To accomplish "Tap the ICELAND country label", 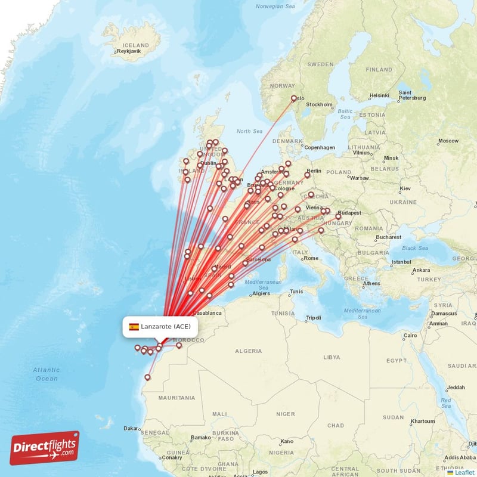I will click(135, 45).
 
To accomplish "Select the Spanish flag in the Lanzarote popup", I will click(134, 327).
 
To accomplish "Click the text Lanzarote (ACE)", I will click(166, 327).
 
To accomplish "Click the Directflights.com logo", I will click(45, 448).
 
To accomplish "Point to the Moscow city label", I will click(448, 141).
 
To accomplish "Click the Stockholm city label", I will click(319, 104).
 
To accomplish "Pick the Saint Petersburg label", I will click(412, 95).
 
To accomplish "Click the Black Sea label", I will click(414, 248).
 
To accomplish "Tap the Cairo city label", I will click(411, 335).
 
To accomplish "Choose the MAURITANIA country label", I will click(177, 398).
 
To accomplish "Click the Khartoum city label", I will click(423, 421).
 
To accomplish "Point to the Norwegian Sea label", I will click(275, 7).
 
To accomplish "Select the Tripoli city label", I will click(313, 317).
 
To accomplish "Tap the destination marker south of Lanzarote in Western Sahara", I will click(147, 377).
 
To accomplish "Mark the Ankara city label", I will click(421, 270).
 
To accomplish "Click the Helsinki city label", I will click(379, 95).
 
